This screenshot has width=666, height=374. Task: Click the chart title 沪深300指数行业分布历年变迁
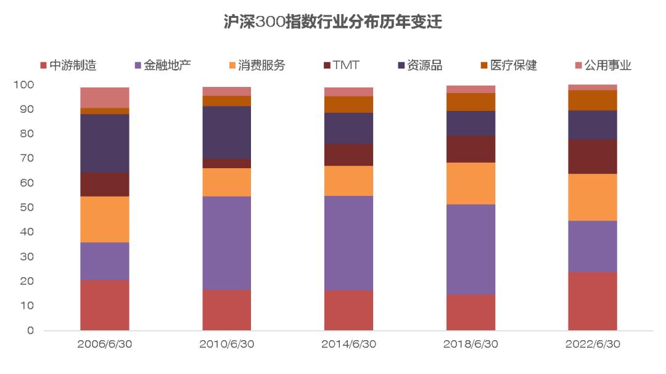332,23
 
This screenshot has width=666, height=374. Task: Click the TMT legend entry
345,65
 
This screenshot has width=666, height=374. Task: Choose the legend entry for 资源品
424,65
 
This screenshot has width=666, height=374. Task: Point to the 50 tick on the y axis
28,208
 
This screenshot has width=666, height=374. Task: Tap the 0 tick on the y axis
30,331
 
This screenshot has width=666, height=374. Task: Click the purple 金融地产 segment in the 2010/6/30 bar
227,243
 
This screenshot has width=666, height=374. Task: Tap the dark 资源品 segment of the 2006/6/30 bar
105,143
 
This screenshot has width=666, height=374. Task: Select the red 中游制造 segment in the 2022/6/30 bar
593,301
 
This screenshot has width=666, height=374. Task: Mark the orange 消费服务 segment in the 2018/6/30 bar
471,183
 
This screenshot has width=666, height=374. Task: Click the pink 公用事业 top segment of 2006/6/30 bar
105,97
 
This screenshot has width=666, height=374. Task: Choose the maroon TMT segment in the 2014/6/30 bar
348,155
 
